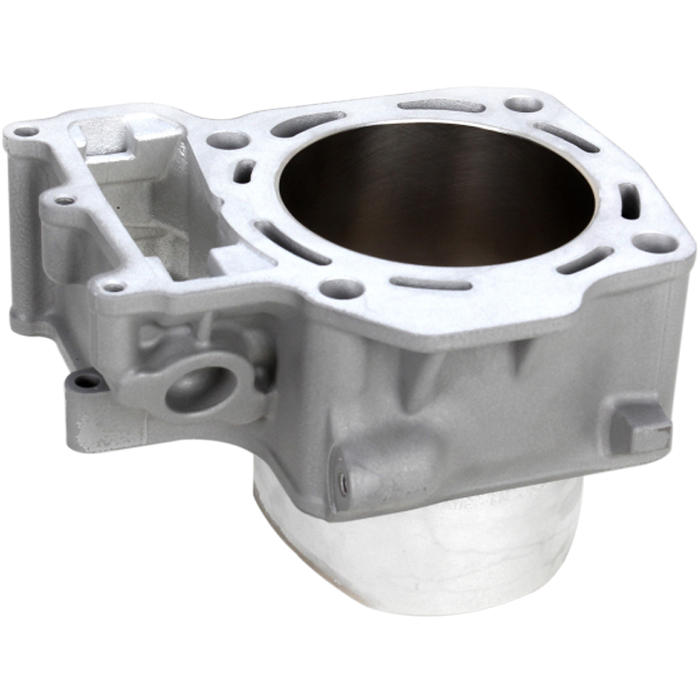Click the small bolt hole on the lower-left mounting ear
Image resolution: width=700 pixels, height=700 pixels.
point(85,381)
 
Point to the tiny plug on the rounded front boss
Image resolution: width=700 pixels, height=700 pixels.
point(344,483)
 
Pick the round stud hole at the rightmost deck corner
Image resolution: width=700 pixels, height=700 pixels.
point(654,242)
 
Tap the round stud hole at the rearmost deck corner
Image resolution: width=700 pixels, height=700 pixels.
point(523,104)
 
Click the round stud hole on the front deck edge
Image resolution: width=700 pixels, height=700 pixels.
point(341,287)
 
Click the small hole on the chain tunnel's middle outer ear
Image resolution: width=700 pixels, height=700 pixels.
point(64,200)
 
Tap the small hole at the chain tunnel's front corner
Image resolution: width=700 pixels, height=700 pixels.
point(113,285)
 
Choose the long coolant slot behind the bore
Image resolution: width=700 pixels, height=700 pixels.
point(442,105)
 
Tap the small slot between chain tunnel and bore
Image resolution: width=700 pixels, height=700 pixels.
point(245,171)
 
